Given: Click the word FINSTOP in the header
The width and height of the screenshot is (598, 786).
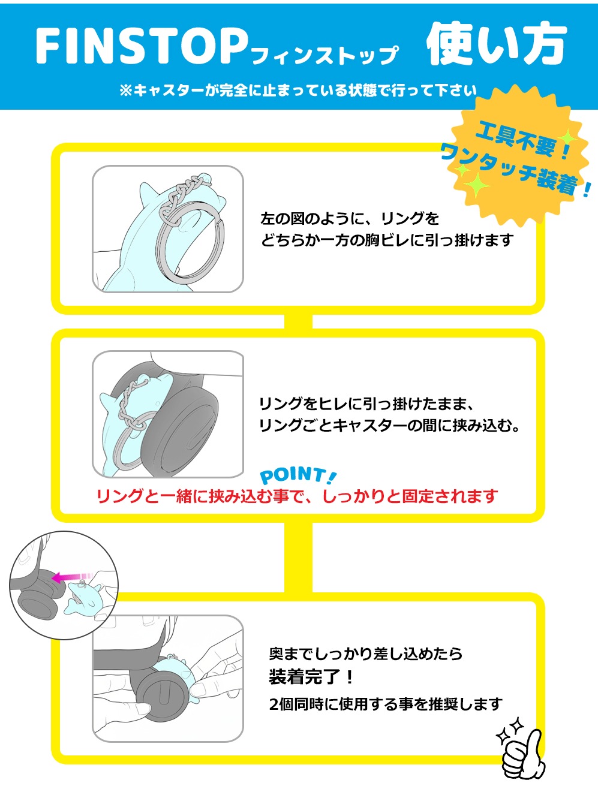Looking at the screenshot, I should pyautogui.click(x=141, y=46).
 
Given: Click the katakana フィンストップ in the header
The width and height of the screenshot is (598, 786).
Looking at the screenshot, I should pyautogui.click(x=324, y=56).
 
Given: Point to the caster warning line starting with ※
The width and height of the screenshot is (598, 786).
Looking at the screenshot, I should pyautogui.click(x=298, y=91).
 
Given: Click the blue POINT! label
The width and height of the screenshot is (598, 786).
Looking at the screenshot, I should pyautogui.click(x=298, y=475).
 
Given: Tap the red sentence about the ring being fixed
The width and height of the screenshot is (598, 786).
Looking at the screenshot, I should pyautogui.click(x=298, y=496).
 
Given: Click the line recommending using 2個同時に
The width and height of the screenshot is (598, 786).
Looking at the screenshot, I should pyautogui.click(x=385, y=704).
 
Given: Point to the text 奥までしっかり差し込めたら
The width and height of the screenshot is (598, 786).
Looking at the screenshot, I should pyautogui.click(x=366, y=654).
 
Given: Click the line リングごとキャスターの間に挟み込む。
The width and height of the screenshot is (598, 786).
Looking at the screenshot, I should pyautogui.click(x=389, y=426).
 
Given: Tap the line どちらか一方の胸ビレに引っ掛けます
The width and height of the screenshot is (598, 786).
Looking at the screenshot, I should pyautogui.click(x=387, y=240).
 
